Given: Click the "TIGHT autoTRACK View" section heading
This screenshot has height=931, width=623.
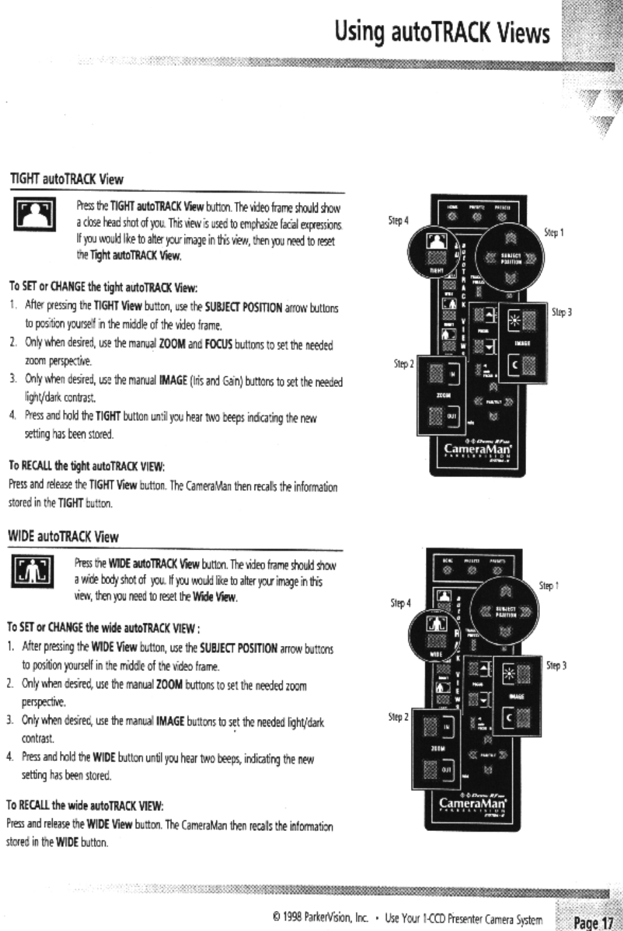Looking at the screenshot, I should coord(66,179).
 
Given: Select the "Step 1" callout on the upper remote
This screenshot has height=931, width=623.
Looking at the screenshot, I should coord(554,233).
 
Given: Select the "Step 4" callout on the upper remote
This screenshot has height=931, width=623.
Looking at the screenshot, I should coord(398,220).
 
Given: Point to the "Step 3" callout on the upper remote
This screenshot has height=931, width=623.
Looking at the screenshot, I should coord(561,312).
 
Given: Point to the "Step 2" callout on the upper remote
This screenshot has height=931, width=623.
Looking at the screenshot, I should coord(403,363).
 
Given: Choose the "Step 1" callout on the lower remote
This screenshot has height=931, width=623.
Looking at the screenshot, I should coord(549,586).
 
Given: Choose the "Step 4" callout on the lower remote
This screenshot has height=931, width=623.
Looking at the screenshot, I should coord(401,603).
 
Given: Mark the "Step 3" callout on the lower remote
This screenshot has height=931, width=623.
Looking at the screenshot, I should coord(556,666).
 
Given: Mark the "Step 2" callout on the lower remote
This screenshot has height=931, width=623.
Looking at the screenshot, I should coord(398,717).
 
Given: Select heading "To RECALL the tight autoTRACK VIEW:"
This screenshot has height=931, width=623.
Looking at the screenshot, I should coord(86,466).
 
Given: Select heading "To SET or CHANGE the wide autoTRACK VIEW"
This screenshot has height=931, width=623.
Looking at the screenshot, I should coord(103,627).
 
